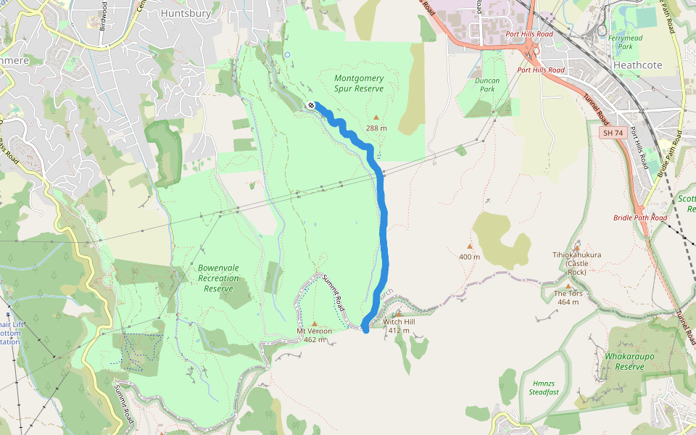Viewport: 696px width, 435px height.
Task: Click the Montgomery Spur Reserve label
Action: [x=358, y=83]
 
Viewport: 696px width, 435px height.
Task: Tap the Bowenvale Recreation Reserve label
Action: [x=218, y=278]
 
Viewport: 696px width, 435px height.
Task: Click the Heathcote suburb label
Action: [x=637, y=65]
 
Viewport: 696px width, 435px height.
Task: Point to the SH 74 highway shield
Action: [x=613, y=133]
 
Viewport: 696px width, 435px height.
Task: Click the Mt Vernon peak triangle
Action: [x=314, y=323]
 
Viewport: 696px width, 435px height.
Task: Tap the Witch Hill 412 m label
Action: [x=399, y=326]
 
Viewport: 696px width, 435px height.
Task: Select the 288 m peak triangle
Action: [x=376, y=117]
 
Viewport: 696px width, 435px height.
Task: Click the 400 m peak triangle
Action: [x=469, y=246]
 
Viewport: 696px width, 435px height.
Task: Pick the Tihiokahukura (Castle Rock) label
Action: [x=576, y=263]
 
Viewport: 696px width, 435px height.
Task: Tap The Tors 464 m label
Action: [x=568, y=297]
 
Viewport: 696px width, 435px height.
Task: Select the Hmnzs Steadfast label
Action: [x=544, y=388]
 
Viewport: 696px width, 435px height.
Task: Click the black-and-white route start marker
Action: [x=311, y=105]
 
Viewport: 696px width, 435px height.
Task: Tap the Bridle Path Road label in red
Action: [x=639, y=217]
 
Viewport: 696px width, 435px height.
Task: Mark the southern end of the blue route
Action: [x=366, y=330]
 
